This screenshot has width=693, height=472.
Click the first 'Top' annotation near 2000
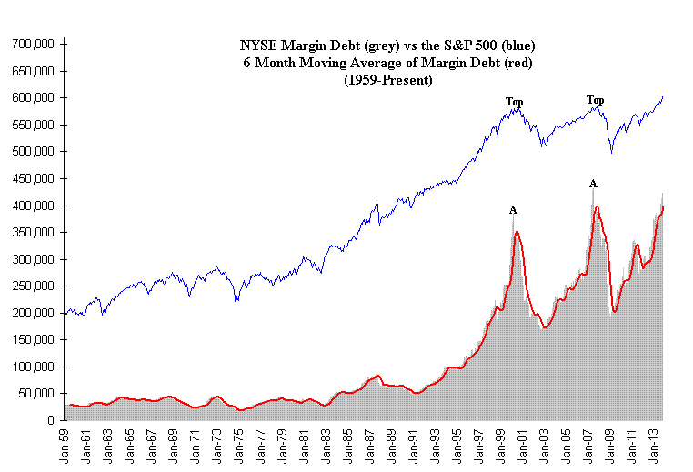515,102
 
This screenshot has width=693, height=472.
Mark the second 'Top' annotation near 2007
595,100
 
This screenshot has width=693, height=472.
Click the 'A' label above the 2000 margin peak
513,210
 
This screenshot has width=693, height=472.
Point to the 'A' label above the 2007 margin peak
593,184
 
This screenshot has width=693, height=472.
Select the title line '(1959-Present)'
387,80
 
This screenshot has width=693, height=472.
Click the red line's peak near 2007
597,206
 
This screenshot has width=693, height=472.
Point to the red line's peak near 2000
517,232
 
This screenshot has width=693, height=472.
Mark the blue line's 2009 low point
611,151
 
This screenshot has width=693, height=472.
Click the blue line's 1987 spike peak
376,205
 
